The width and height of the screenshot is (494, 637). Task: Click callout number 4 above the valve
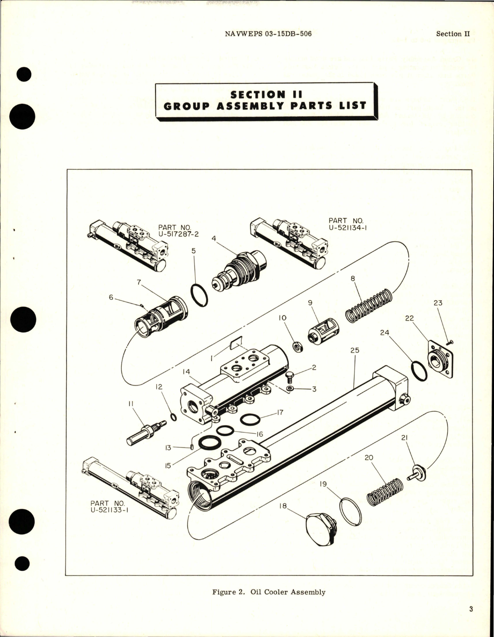[214, 239]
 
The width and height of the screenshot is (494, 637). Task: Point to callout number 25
[355, 350]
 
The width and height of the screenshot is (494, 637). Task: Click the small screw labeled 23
[450, 342]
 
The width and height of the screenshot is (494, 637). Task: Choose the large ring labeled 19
[351, 512]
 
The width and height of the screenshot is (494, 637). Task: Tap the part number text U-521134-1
[348, 224]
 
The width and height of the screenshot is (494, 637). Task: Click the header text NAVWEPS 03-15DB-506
[268, 34]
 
